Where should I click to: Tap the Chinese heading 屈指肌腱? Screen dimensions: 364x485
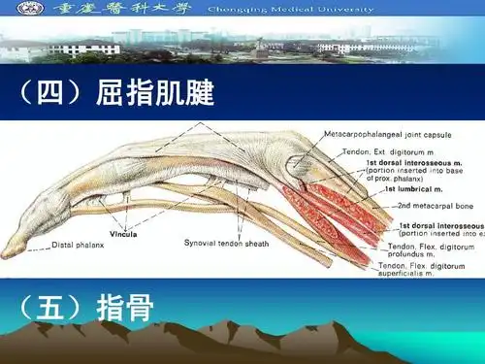155,94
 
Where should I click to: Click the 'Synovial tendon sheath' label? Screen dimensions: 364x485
226,241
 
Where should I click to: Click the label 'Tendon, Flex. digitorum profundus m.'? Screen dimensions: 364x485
432,250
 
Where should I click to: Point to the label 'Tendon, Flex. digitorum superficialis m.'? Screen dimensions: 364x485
431,269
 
